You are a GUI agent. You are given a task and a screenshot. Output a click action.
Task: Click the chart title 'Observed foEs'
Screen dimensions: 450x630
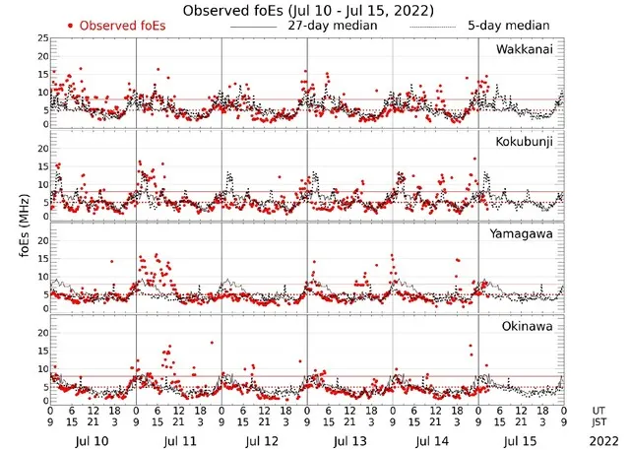307,9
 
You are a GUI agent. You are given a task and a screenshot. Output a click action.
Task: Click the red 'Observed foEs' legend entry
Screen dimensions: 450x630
117,25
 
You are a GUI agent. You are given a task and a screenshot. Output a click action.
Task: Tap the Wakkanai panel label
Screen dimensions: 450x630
524,49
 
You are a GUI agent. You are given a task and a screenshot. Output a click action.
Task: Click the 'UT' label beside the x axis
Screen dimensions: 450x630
598,409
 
